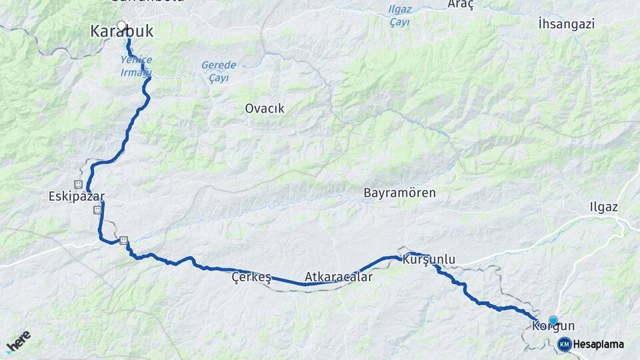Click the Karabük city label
(121, 31)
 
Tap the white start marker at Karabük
(121, 27)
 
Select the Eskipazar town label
(77, 197)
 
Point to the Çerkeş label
(251, 277)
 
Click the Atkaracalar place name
(338, 276)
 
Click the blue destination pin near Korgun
(553, 321)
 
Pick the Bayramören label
(399, 193)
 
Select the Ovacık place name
(265, 108)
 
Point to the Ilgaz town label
(604, 207)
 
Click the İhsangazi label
(565, 24)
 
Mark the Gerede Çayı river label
(219, 71)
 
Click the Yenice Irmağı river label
(137, 65)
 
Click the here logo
(18, 341)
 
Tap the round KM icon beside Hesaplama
(564, 344)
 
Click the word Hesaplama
(598, 344)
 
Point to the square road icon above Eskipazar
(79, 184)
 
